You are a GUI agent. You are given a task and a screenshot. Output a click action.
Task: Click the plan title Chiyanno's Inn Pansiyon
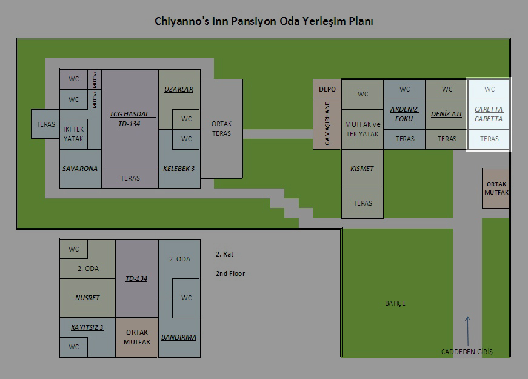pyautogui.click(x=264, y=22)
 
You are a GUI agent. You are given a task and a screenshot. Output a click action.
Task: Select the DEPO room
pyautogui.click(x=327, y=89)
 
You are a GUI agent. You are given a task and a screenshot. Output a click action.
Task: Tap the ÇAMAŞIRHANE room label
pyautogui.click(x=327, y=123)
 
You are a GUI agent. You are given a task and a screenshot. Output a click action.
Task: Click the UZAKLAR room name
pyautogui.click(x=179, y=89)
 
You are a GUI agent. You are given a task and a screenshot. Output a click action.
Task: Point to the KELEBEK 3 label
pyautogui.click(x=179, y=169)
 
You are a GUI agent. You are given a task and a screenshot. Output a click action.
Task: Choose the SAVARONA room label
pyautogui.click(x=80, y=169)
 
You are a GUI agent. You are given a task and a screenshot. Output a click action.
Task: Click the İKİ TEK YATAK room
pyautogui.click(x=74, y=134)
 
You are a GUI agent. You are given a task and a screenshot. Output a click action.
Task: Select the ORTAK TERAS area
pyautogui.click(x=221, y=129)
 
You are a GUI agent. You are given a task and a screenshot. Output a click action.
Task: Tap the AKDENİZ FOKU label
pyautogui.click(x=404, y=114)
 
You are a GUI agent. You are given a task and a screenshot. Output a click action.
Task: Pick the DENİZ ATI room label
pyautogui.click(x=447, y=114)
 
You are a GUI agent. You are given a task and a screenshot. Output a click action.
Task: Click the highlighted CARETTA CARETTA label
pyautogui.click(x=489, y=114)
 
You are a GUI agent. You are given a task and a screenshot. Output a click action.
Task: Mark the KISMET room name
pyautogui.click(x=363, y=169)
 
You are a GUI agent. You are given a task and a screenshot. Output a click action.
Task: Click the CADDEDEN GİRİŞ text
pyautogui.click(x=467, y=352)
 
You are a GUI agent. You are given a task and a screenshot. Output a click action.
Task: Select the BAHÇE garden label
pyautogui.click(x=395, y=303)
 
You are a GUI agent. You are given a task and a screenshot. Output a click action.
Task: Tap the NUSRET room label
pyautogui.click(x=87, y=298)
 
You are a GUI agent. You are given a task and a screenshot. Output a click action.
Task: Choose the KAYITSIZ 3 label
pyautogui.click(x=87, y=327)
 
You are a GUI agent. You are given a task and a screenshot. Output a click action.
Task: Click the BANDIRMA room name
pyautogui.click(x=179, y=337)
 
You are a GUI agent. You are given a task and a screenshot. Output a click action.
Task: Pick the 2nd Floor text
pyautogui.click(x=230, y=273)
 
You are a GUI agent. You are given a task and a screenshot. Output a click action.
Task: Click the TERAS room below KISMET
pyautogui.click(x=363, y=203)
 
